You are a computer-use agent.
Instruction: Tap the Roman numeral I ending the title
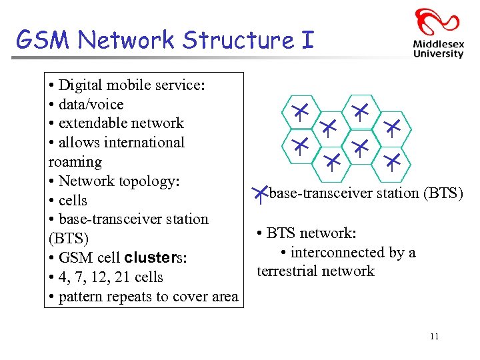click(x=307, y=40)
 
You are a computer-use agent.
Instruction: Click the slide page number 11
click(x=434, y=337)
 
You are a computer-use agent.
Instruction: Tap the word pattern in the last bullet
click(x=81, y=297)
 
